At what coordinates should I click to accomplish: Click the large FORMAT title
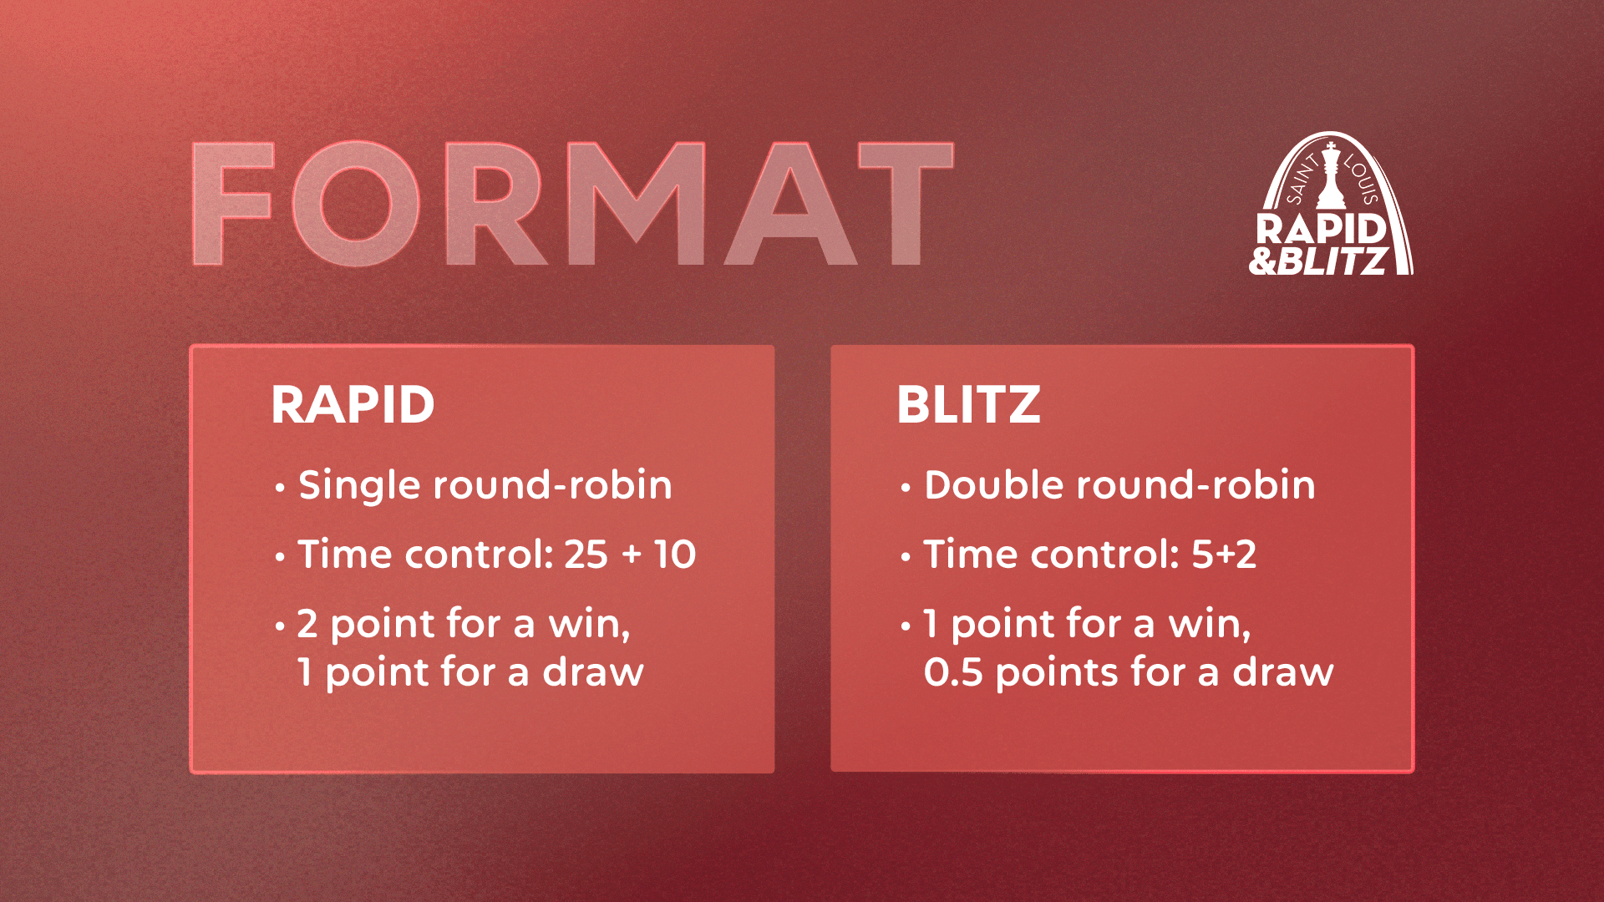[573, 204]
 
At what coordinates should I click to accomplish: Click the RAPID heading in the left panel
[353, 405]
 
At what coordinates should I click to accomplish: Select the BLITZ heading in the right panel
[968, 405]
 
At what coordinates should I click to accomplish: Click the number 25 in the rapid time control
[586, 555]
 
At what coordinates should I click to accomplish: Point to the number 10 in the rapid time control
[675, 555]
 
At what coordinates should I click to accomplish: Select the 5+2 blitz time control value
[1224, 555]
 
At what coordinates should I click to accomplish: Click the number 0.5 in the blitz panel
[953, 672]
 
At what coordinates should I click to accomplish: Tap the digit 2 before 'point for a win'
[307, 624]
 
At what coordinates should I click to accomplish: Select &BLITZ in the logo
[1318, 261]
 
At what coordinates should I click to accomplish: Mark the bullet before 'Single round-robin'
[280, 487]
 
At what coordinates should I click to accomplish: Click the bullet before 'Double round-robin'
[906, 487]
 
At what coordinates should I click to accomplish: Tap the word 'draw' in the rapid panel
[593, 672]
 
